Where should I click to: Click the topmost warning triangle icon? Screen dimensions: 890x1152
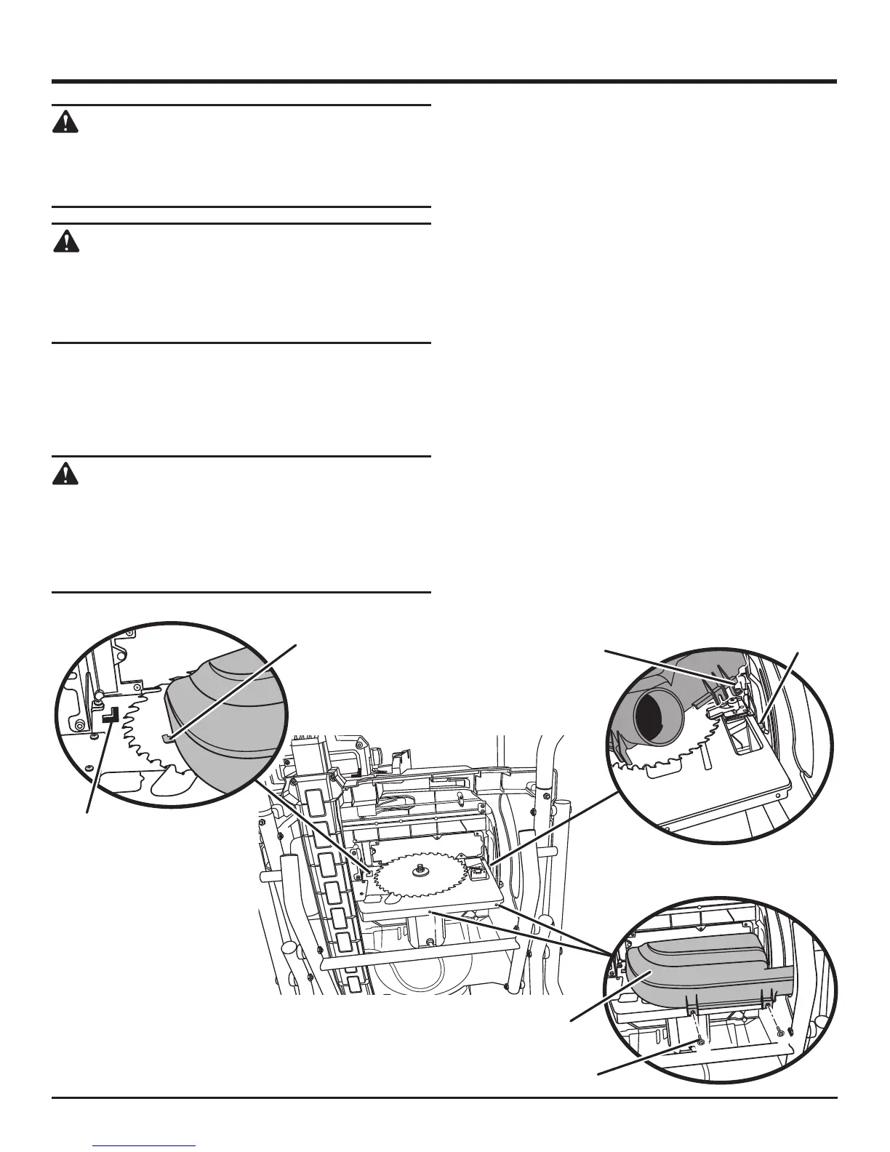65,122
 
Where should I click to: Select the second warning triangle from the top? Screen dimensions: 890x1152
65,241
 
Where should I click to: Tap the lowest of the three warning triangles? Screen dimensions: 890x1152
65,474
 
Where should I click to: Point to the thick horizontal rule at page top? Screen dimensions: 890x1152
444,81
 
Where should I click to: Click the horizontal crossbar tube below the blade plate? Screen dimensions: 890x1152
422,961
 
